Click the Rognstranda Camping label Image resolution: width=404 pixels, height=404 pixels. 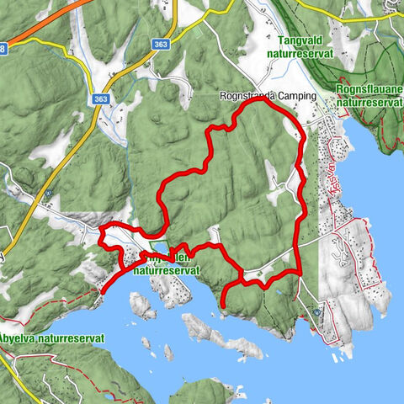[x=266, y=96]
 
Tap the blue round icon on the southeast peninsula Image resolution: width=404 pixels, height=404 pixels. [x=316, y=311]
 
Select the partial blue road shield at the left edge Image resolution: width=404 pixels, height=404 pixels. [x=3, y=49]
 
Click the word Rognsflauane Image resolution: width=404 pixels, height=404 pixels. [x=367, y=88]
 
